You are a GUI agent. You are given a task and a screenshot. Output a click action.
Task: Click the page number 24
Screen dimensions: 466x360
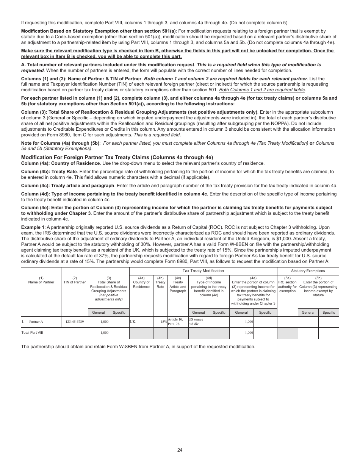coord(180,450)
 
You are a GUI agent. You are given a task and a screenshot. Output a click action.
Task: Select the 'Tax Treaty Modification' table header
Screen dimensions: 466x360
coord(203,271)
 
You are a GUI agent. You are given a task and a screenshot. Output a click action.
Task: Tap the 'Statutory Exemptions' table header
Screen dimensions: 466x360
coord(308,271)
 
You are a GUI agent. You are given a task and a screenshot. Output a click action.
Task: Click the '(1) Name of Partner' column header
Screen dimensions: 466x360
coord(41,280)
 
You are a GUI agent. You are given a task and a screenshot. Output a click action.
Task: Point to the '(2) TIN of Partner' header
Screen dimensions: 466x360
coord(74,280)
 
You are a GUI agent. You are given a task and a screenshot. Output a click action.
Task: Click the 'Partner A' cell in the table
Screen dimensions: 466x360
coord(36,322)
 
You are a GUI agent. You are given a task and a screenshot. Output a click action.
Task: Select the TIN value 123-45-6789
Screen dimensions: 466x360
coord(74,322)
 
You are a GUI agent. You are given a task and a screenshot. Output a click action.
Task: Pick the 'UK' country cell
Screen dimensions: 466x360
coord(133,321)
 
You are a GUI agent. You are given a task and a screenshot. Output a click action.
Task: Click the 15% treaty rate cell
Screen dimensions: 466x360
coord(163,322)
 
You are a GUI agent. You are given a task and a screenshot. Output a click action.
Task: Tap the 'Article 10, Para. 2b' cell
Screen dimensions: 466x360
coord(177,322)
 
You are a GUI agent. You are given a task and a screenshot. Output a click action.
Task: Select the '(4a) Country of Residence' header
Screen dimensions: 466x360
coord(141,282)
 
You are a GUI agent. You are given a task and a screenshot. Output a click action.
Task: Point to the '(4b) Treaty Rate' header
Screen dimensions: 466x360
coord(160,282)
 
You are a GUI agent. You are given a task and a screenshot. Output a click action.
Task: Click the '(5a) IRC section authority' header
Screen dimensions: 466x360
coord(287,284)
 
